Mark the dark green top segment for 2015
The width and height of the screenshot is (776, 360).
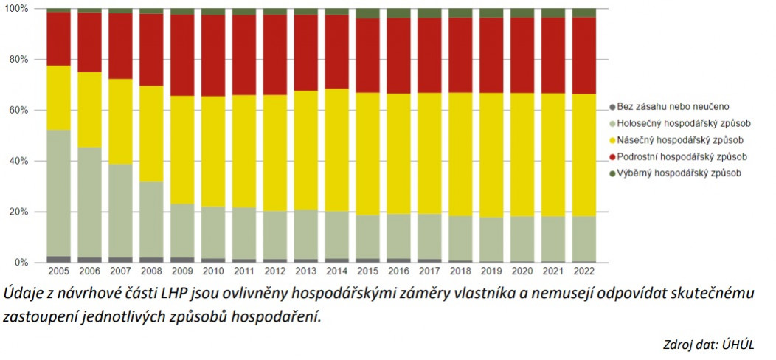(x=367, y=13)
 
